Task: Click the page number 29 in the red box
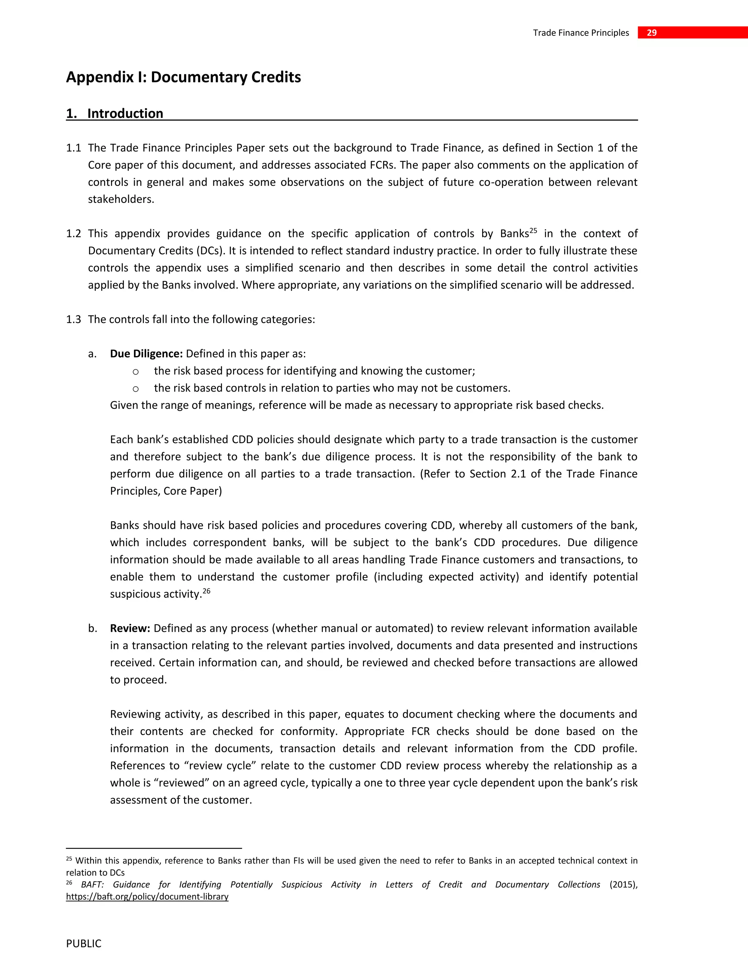[652, 33]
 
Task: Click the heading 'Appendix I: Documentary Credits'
[183, 77]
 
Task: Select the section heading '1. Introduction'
[115, 114]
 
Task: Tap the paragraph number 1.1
[73, 148]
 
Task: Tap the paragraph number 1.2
[73, 233]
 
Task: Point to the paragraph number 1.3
[73, 320]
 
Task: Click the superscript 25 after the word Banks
[533, 230]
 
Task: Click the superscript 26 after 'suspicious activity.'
[206, 591]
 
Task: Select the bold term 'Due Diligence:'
[146, 354]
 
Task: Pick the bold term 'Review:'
[130, 629]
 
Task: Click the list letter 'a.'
[92, 354]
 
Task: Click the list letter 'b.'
[92, 629]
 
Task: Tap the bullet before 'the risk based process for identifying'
[136, 371]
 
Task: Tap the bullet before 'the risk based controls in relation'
[136, 389]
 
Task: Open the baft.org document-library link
[147, 897]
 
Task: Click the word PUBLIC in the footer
[84, 944]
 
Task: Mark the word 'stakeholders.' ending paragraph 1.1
[121, 199]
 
